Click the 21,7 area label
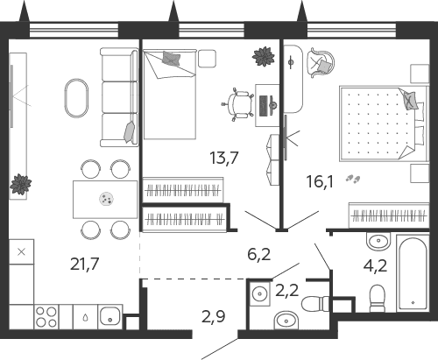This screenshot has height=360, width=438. point(85,264)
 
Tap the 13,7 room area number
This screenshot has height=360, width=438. point(224,158)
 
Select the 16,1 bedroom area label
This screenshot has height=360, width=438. point(320,181)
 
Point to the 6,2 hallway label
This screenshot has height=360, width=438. point(259,254)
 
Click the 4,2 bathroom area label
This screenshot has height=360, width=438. point(376,265)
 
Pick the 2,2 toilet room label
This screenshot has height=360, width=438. point(287,291)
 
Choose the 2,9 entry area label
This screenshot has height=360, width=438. point(214,316)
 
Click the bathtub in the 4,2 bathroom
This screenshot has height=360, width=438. point(413,273)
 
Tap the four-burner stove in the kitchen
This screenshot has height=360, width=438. point(46,317)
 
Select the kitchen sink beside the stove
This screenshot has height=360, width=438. point(109,317)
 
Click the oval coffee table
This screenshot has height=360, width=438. point(76,98)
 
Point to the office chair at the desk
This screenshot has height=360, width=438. point(238,104)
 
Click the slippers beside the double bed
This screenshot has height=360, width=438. point(353,179)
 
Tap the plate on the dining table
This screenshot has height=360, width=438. point(106,199)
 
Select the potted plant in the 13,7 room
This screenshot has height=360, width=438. point(264,56)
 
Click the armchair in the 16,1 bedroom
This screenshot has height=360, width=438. point(321,63)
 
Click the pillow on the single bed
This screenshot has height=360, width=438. point(172,59)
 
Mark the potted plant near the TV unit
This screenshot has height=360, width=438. point(20,184)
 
